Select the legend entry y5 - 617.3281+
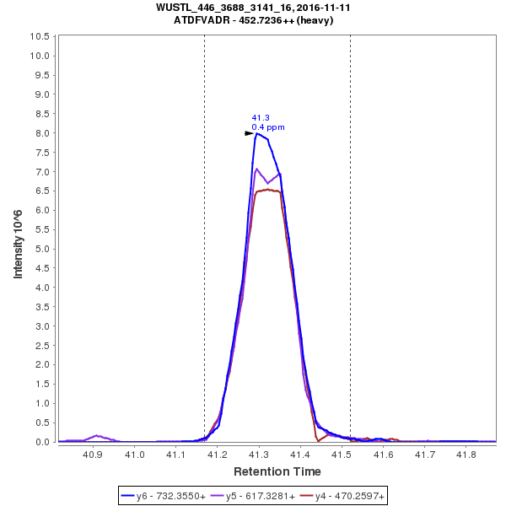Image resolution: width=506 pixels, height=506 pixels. pos(261,497)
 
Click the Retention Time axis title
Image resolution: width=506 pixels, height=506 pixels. pos(277,471)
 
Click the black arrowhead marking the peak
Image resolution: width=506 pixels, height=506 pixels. pos(249,133)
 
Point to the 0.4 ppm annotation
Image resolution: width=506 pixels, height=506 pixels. pos(268,127)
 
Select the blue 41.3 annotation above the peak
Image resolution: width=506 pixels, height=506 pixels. pos(260,118)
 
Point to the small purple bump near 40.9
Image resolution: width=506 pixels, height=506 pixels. pos(97,436)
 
